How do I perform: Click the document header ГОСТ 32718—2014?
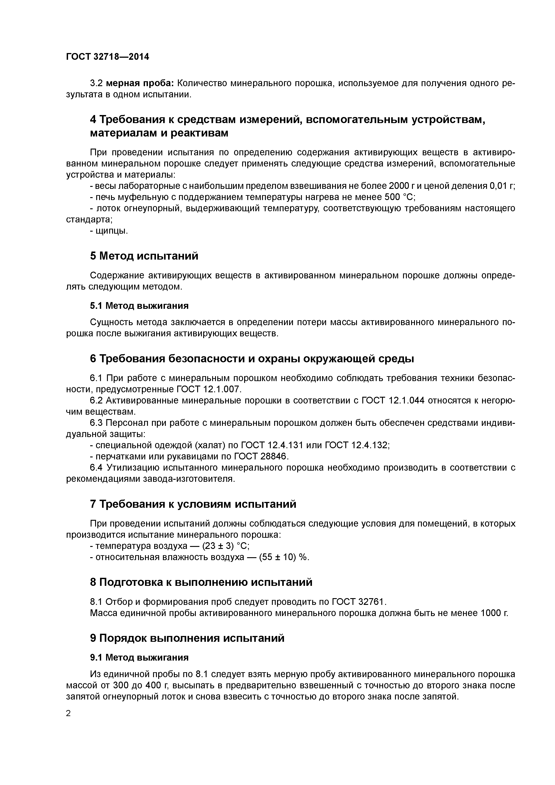click(107, 57)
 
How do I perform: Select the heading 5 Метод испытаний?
click(144, 256)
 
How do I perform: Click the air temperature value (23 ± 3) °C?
click(226, 546)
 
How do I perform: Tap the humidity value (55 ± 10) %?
click(284, 557)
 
